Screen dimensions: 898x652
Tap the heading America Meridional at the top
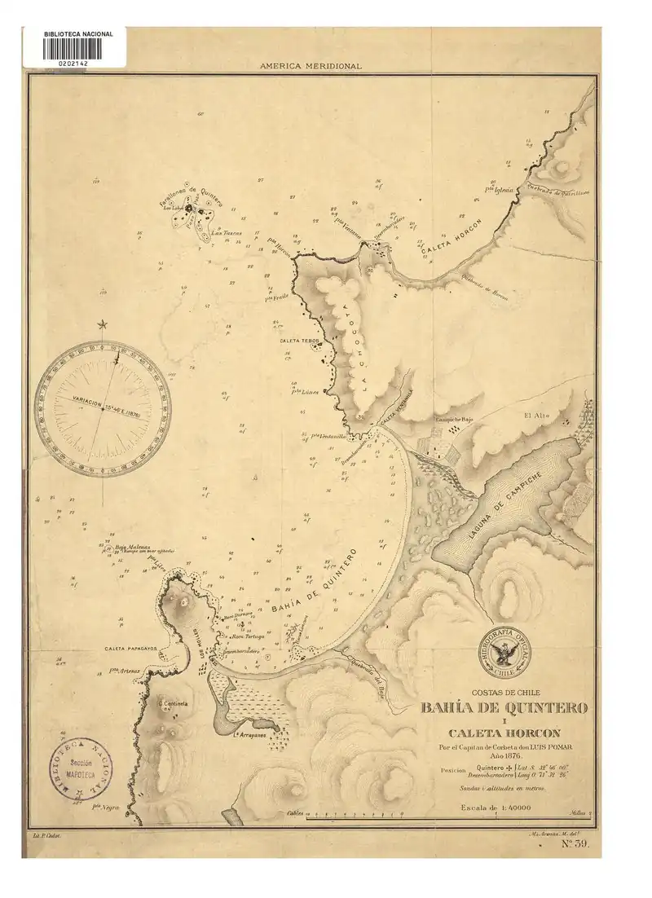(311, 66)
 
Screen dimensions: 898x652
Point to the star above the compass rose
(102, 325)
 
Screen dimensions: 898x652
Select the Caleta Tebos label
(299, 340)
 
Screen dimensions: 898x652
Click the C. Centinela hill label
(173, 703)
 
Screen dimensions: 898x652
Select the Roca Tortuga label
(249, 635)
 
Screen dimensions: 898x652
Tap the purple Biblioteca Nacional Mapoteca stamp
(80, 769)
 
